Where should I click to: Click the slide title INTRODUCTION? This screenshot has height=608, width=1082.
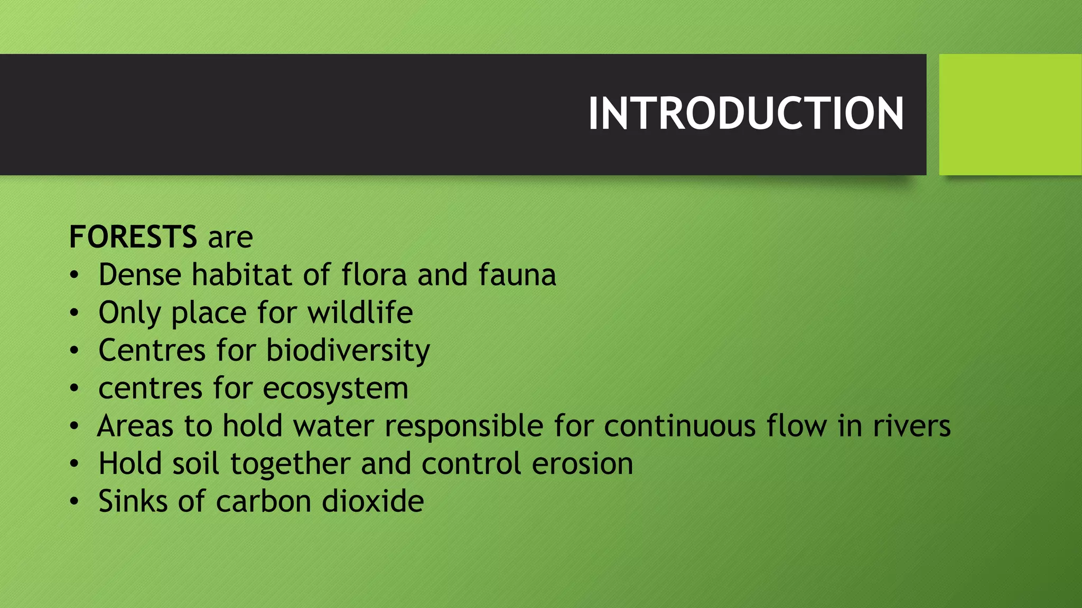(745, 114)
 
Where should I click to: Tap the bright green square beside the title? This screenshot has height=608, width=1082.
(1010, 114)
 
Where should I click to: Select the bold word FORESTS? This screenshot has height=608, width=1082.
(133, 237)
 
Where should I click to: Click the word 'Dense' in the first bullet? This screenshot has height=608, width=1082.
(139, 275)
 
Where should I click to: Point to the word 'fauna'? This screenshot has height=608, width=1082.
(517, 275)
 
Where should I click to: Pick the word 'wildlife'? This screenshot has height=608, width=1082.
(360, 312)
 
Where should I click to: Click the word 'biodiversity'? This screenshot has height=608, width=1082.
(348, 351)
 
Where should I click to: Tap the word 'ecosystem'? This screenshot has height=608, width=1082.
(335, 388)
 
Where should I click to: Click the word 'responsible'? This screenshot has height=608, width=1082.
(464, 426)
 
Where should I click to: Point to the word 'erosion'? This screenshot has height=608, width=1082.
(582, 464)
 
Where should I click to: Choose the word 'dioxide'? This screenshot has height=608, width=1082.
(373, 501)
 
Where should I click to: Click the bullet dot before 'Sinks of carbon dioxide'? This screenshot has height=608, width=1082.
(74, 501)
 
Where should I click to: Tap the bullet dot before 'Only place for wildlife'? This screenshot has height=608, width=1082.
(74, 313)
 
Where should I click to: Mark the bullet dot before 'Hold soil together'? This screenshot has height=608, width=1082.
(74, 464)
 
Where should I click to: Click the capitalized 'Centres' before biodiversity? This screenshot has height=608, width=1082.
(152, 350)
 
